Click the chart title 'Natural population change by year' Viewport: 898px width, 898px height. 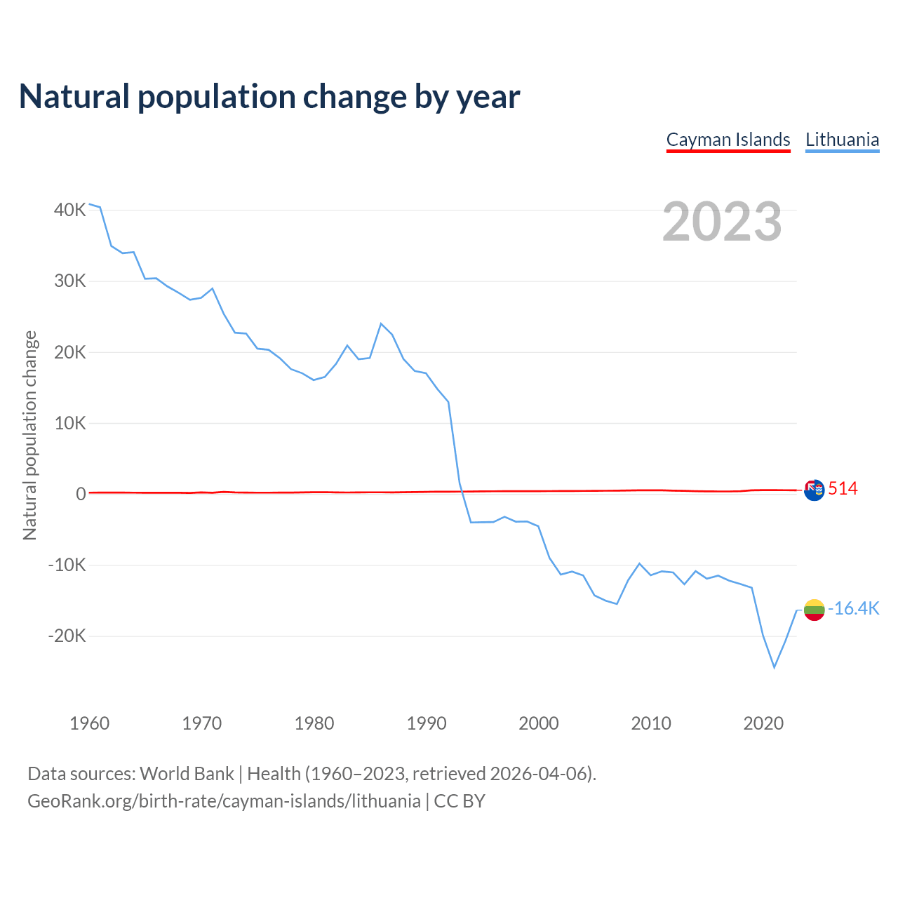click(x=269, y=97)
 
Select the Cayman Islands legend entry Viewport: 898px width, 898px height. click(x=728, y=140)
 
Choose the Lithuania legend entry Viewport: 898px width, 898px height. click(x=842, y=140)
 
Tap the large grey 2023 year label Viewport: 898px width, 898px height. click(x=722, y=222)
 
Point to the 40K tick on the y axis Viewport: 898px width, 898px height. click(x=70, y=210)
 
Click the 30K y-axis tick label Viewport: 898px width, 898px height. click(x=70, y=281)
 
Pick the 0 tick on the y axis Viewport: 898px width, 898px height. click(x=81, y=494)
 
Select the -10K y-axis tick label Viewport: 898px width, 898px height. click(x=67, y=565)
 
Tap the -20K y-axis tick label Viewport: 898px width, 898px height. click(x=67, y=636)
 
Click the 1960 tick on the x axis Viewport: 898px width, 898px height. click(x=90, y=723)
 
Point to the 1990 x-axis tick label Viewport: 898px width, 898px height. click(x=427, y=723)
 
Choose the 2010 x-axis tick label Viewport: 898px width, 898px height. click(x=651, y=723)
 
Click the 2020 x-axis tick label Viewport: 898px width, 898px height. click(x=763, y=723)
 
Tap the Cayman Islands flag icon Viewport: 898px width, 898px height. click(x=814, y=490)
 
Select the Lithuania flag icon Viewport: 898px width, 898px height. click(x=814, y=610)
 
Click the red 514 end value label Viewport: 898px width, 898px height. click(x=843, y=489)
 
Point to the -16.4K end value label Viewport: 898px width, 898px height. click(x=853, y=608)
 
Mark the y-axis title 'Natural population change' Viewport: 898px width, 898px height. click(x=30, y=436)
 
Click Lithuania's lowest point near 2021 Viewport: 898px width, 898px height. click(x=775, y=667)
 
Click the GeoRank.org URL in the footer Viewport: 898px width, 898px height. click(x=224, y=801)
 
